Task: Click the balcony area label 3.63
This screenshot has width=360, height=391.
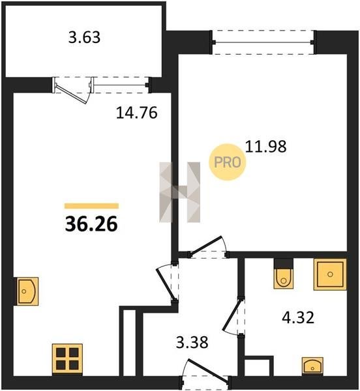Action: click(x=84, y=37)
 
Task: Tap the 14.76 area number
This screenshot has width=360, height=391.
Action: click(x=137, y=113)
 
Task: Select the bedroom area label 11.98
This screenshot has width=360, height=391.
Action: click(x=265, y=147)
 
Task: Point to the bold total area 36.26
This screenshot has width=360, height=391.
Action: click(x=91, y=224)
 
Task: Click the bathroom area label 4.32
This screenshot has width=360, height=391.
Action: click(x=298, y=318)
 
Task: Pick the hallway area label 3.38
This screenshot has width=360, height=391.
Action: click(x=192, y=342)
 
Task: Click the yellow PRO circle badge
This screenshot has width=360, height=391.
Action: click(x=227, y=162)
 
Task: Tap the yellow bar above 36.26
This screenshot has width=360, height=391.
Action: click(x=91, y=206)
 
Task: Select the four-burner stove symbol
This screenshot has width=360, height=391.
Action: click(x=67, y=358)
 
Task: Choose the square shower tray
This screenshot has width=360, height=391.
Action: click(x=330, y=274)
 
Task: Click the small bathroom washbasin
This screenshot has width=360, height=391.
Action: click(x=312, y=366)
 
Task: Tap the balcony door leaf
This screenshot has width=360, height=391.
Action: click(x=72, y=94)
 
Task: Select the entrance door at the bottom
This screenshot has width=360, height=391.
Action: click(x=208, y=369)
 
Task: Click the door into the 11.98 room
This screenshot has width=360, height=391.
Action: click(x=205, y=246)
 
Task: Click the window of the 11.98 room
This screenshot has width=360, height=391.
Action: click(x=263, y=42)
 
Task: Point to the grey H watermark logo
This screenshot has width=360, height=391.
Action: click(x=179, y=192)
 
